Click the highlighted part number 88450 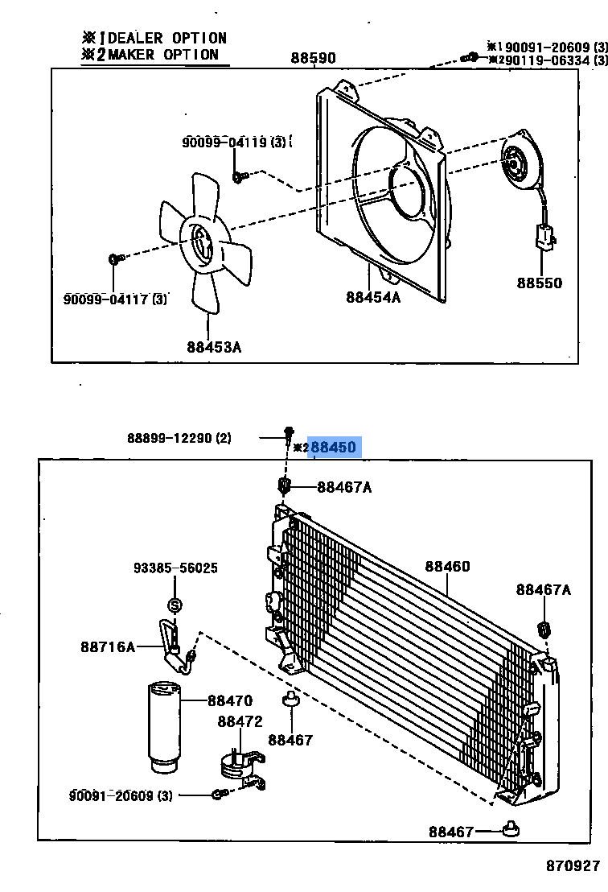[333, 447]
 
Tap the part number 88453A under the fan [214, 347]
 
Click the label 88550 [540, 283]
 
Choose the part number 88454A [373, 297]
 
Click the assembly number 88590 [313, 58]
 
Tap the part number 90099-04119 [228, 142]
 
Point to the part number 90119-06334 [547, 60]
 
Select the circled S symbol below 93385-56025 [175, 605]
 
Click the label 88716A [108, 646]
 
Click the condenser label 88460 [447, 567]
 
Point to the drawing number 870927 [573, 866]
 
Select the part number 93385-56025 [175, 568]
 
